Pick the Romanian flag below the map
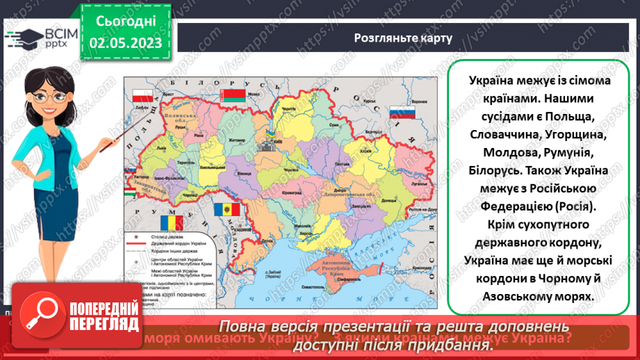(170, 222)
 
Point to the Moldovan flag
(226, 208)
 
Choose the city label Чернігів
(286, 111)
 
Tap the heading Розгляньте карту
(402, 38)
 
